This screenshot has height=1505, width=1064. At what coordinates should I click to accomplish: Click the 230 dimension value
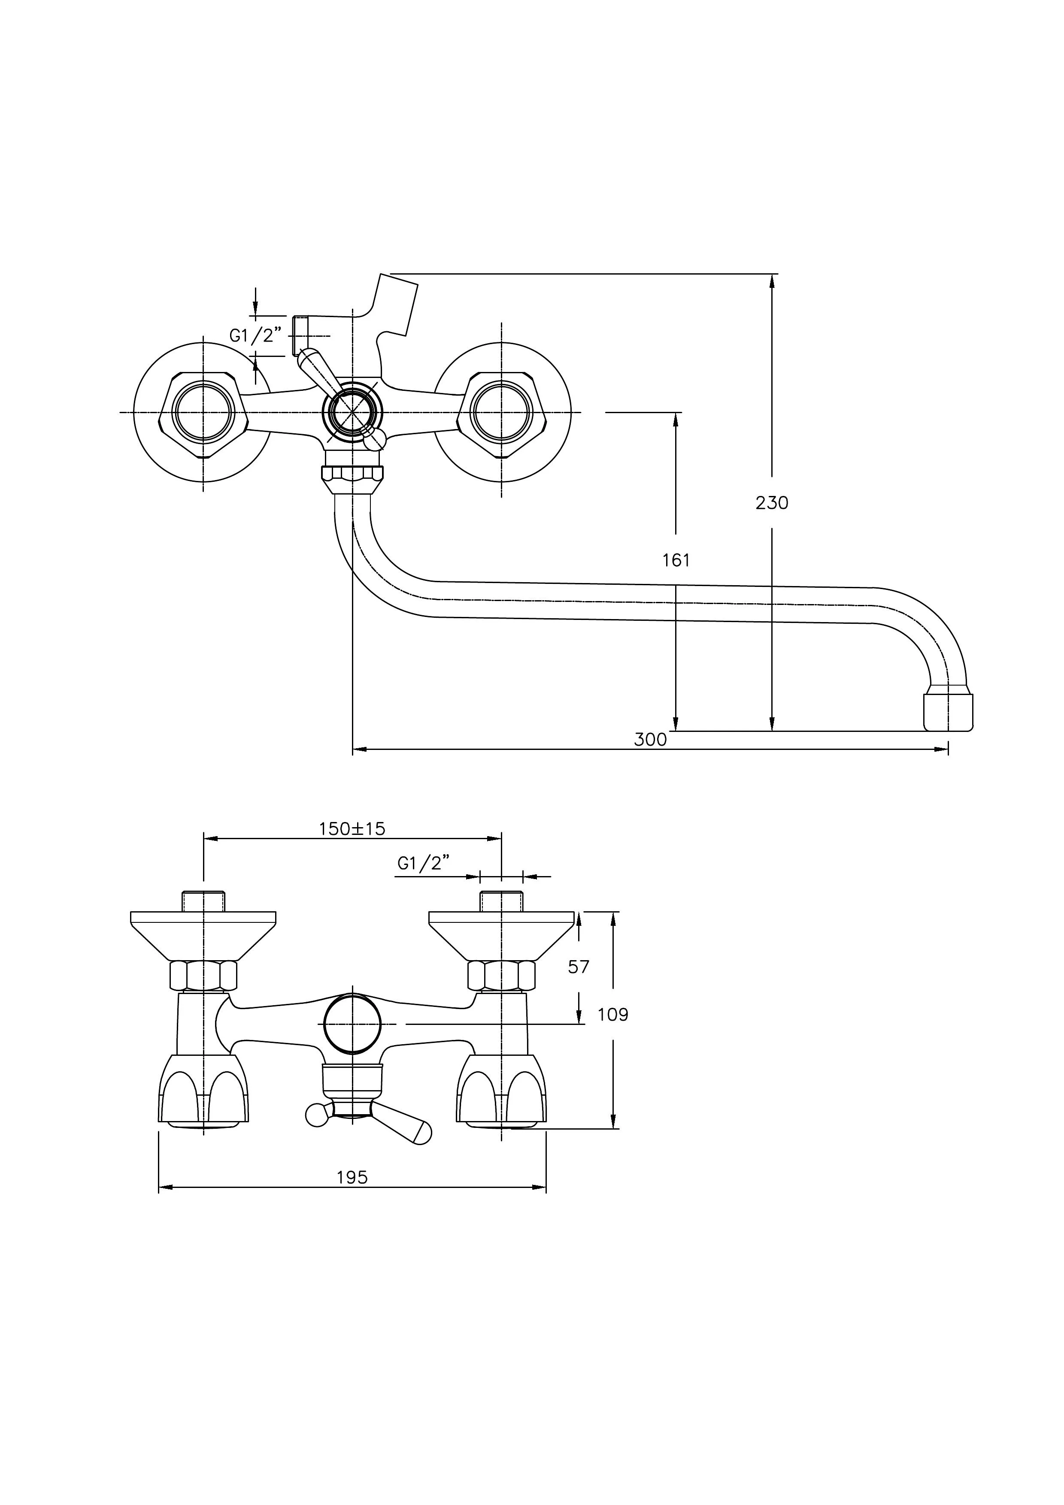(772, 503)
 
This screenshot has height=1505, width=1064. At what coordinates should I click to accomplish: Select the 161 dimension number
(676, 560)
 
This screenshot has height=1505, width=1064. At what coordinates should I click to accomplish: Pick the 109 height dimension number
(613, 1015)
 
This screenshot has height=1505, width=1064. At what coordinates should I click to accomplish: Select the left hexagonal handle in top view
(203, 412)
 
